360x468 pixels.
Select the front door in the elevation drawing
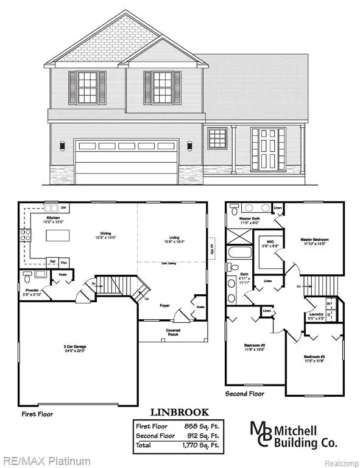pyautogui.click(x=267, y=150)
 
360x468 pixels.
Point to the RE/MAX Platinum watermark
pyautogui.click(x=45, y=461)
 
